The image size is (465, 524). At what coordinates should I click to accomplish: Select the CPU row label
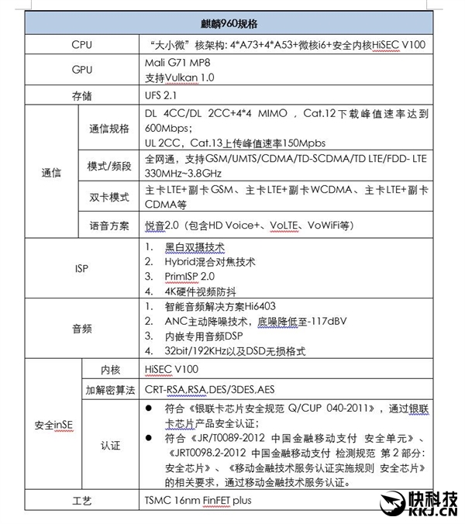pyautogui.click(x=81, y=45)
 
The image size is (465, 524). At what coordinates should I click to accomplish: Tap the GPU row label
pyautogui.click(x=81, y=70)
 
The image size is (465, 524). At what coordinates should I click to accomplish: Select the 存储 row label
pyautogui.click(x=81, y=95)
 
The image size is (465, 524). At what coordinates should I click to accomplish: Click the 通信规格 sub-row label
pyautogui.click(x=109, y=129)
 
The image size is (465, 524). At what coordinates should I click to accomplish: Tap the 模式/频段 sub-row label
pyautogui.click(x=109, y=166)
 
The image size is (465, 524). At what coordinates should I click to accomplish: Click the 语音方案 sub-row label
pyautogui.click(x=109, y=225)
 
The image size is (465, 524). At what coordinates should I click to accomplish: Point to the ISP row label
pyautogui.click(x=81, y=268)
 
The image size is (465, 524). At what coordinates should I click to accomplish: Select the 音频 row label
pyautogui.click(x=81, y=329)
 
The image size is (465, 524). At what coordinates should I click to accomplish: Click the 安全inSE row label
pyautogui.click(x=53, y=425)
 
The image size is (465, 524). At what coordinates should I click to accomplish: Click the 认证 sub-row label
pyautogui.click(x=109, y=445)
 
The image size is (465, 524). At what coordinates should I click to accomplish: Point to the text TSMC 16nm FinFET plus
pyautogui.click(x=198, y=500)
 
